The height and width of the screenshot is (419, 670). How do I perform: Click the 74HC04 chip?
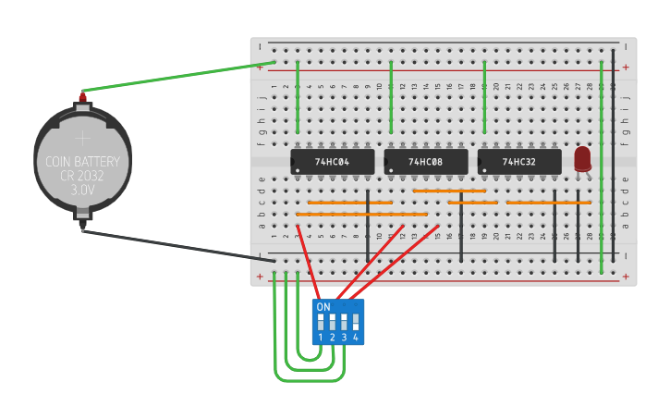(x=333, y=162)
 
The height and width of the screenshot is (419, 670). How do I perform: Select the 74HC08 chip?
(x=426, y=162)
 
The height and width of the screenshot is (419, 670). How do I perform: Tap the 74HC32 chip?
(x=519, y=162)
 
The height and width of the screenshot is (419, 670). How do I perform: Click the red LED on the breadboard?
(x=582, y=159)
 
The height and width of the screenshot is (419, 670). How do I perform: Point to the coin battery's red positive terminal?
(x=82, y=95)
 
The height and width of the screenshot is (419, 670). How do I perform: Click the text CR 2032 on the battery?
(x=82, y=175)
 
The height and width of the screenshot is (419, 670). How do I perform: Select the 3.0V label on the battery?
(x=82, y=190)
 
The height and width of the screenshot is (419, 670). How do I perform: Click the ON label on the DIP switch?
(x=323, y=307)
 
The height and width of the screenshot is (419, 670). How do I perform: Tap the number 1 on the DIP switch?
(x=321, y=338)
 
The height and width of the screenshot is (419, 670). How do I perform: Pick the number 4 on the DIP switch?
(x=355, y=338)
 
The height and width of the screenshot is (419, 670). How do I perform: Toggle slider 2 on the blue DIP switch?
(x=332, y=322)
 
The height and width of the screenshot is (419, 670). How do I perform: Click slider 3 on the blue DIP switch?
(x=344, y=322)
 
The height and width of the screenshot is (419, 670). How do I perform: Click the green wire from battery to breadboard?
(x=176, y=77)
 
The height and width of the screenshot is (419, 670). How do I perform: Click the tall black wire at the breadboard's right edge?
(x=613, y=157)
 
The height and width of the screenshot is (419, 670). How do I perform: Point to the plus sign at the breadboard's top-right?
(x=626, y=67)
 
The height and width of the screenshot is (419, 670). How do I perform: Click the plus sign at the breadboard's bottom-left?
(x=261, y=276)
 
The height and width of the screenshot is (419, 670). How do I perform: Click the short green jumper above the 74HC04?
(x=298, y=97)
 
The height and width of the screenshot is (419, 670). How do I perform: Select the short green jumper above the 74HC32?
(x=484, y=97)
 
